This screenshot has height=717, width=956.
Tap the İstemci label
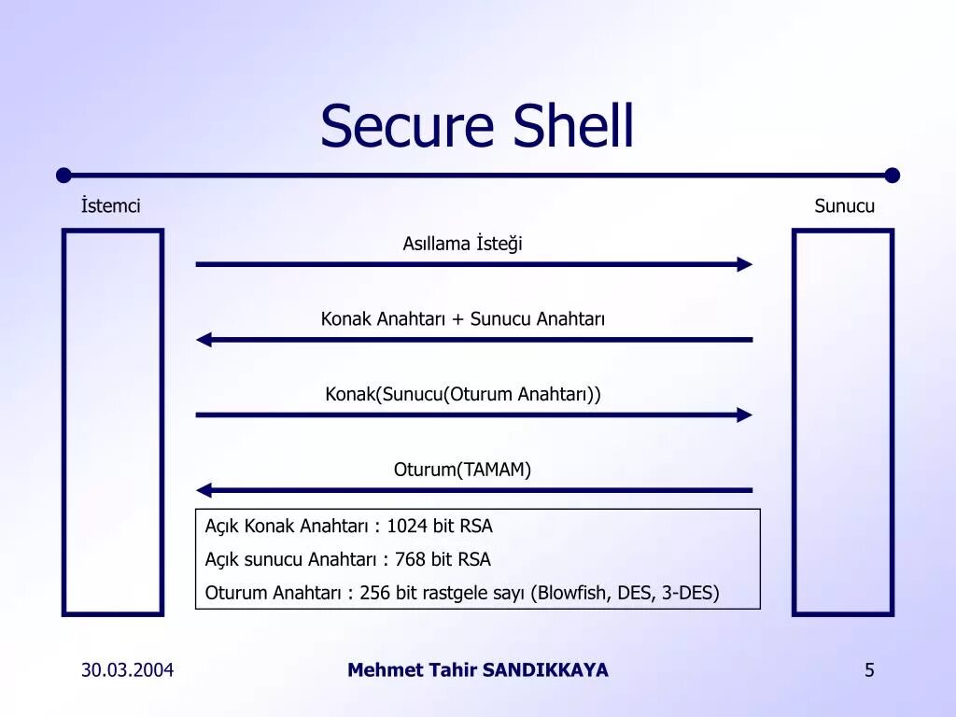[110, 206]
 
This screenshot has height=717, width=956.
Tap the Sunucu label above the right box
[844, 206]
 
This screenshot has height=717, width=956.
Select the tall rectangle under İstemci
[113, 422]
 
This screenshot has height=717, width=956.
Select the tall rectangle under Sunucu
[843, 422]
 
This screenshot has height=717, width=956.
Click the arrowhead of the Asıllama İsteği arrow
[744, 264]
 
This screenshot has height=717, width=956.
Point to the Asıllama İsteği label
[462, 244]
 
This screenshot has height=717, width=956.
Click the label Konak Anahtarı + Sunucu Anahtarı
[462, 319]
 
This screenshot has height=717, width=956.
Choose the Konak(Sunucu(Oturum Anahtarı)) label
[462, 394]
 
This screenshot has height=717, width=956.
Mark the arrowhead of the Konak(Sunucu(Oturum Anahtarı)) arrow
[744, 415]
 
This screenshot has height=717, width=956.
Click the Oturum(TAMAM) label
[462, 470]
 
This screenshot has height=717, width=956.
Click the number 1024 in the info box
[407, 527]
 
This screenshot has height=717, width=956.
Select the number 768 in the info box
[410, 560]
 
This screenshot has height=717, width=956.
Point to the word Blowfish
[572, 594]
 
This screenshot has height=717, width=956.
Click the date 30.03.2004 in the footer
[127, 670]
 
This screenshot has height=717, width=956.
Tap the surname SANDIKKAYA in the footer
[545, 670]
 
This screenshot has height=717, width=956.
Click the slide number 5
[869, 670]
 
